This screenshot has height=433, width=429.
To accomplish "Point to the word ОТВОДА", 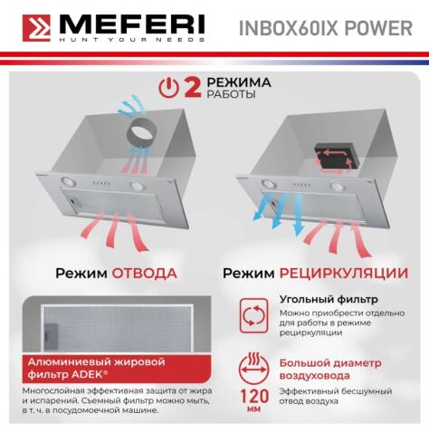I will click(144, 273).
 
